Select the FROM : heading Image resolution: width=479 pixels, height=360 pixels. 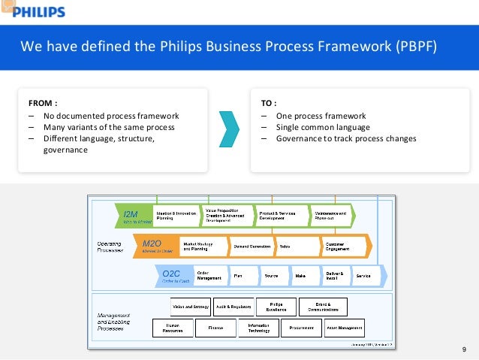pyautogui.click(x=44, y=102)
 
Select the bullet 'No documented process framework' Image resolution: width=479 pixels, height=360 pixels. pyautogui.click(x=110, y=116)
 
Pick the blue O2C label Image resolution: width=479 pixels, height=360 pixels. pyautogui.click(x=171, y=276)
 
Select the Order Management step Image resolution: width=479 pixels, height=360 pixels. pyautogui.click(x=209, y=276)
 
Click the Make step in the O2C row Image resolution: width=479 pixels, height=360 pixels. pyautogui.click(x=300, y=276)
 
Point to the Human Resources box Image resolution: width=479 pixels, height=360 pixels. pyautogui.click(x=173, y=328)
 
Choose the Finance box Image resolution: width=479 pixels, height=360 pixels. pyautogui.click(x=215, y=328)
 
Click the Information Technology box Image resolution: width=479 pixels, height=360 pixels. pyautogui.click(x=258, y=328)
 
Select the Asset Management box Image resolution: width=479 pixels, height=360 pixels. pyautogui.click(x=345, y=328)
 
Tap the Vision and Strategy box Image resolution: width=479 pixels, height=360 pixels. pyautogui.click(x=191, y=306)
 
